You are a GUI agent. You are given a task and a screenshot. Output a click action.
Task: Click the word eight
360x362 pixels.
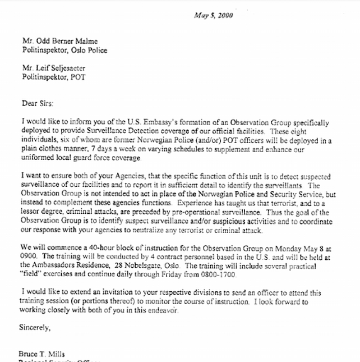click(320, 130)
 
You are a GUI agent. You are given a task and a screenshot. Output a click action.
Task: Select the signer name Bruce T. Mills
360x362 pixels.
click(43, 355)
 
